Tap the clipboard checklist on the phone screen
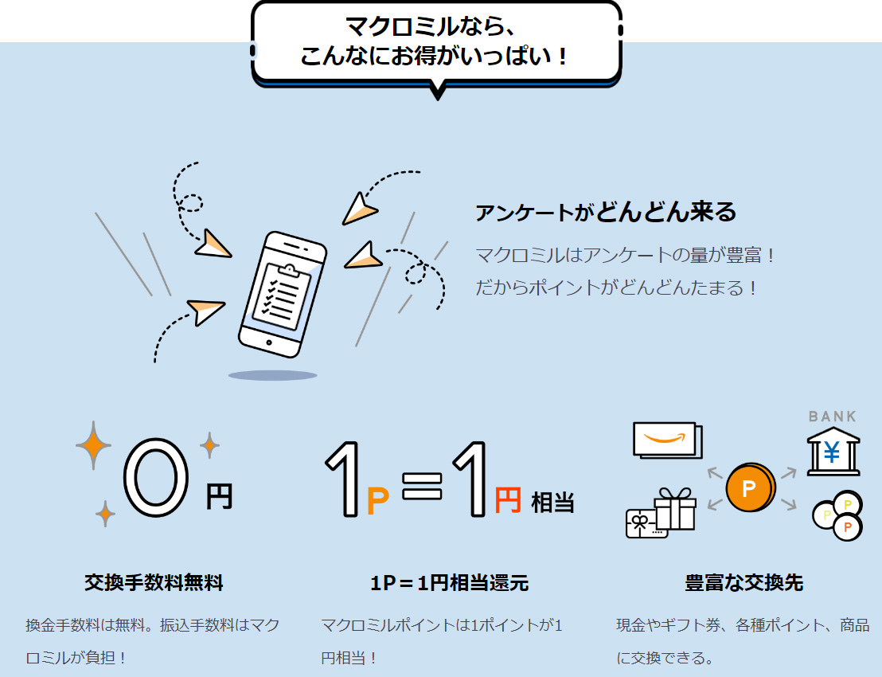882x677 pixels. pyautogui.click(x=282, y=292)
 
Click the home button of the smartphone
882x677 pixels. pyautogui.click(x=269, y=342)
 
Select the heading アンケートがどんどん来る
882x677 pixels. pyautogui.click(x=606, y=212)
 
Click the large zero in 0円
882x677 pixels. pyautogui.click(x=156, y=477)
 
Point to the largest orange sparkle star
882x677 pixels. pyautogui.click(x=93, y=445)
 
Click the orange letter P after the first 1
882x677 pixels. pyautogui.click(x=377, y=502)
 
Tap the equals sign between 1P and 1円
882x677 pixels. pyautogui.click(x=422, y=486)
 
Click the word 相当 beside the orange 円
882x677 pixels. pyautogui.click(x=552, y=502)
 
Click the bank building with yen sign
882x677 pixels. pyautogui.click(x=833, y=452)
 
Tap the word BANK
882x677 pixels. pyautogui.click(x=833, y=417)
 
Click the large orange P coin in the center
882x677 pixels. pyautogui.click(x=750, y=487)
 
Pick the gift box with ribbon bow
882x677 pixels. pyautogui.click(x=675, y=508)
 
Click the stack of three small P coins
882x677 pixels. pyautogui.click(x=837, y=515)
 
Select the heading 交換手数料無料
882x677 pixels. pyautogui.click(x=154, y=582)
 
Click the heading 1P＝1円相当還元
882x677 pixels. pyautogui.click(x=450, y=582)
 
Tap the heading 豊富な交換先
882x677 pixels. pyautogui.click(x=744, y=582)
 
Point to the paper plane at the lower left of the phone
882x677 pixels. pyautogui.click(x=205, y=311)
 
